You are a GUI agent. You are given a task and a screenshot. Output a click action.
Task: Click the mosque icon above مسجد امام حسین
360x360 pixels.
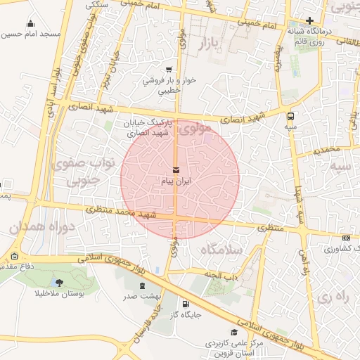click(x=30, y=24)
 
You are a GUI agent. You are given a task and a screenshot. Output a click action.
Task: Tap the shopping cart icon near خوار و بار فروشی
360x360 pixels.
click(x=168, y=69)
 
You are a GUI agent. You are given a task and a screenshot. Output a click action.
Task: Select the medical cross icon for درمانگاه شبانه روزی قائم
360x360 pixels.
click(x=310, y=20)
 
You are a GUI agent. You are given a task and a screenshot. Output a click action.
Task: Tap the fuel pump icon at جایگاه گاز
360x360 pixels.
click(x=185, y=304)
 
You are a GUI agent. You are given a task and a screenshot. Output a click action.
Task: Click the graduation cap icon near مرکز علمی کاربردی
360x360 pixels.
click(x=234, y=332)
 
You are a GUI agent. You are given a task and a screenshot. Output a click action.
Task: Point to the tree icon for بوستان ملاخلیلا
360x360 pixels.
click(x=58, y=283)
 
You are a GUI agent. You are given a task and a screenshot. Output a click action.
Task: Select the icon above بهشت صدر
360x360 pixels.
click(x=143, y=285)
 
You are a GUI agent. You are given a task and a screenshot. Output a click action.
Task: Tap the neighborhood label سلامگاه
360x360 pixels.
click(x=220, y=250)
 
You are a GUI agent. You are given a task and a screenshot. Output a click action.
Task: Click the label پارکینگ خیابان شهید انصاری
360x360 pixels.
click(x=147, y=127)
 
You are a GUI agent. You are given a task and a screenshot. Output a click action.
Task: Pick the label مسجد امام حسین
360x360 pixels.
click(x=31, y=34)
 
